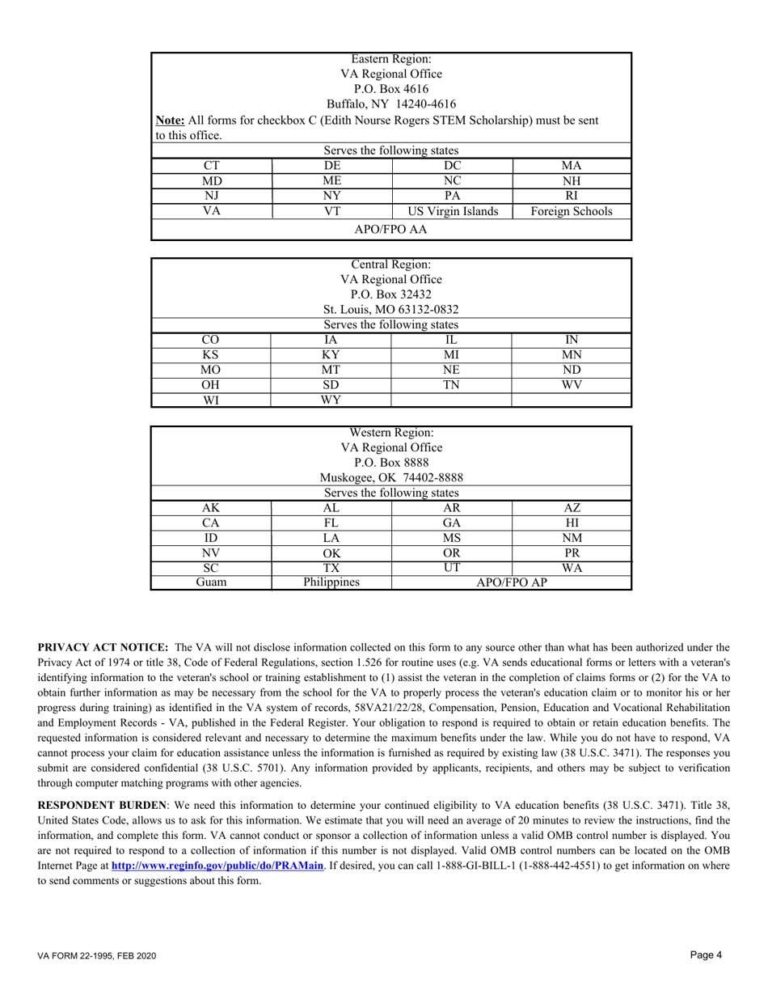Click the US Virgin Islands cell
click(452, 212)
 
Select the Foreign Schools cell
click(571, 212)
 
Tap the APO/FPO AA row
click(391, 230)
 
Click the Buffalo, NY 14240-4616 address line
click(391, 104)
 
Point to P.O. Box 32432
click(391, 294)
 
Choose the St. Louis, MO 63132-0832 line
click(391, 309)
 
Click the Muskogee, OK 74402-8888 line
click(391, 477)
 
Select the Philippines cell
click(331, 582)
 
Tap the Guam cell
click(210, 582)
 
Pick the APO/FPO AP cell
click(511, 582)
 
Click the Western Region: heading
click(391, 433)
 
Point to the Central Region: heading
click(391, 265)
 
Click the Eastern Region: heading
click(391, 59)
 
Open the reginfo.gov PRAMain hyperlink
click(218, 866)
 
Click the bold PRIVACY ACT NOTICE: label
click(103, 647)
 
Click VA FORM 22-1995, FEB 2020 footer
click(97, 956)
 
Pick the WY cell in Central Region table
click(331, 400)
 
